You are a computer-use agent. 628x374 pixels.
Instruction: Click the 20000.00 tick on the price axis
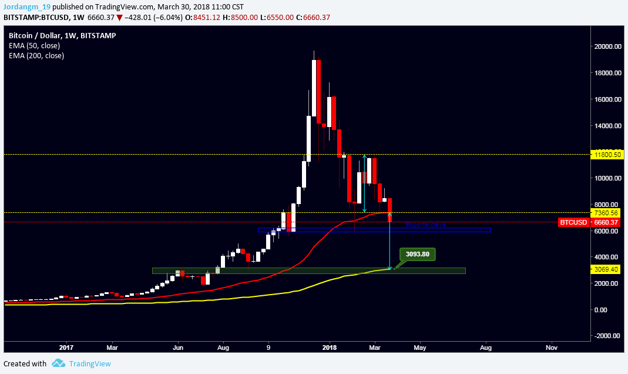tap(607, 46)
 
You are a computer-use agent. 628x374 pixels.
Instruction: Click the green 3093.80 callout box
tap(418, 255)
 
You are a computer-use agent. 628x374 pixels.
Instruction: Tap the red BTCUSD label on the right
tap(573, 222)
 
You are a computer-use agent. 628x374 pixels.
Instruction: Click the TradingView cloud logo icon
tap(58, 363)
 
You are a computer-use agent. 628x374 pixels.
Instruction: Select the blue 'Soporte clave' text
tap(425, 225)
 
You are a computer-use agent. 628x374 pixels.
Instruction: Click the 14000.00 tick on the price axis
tap(607, 126)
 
